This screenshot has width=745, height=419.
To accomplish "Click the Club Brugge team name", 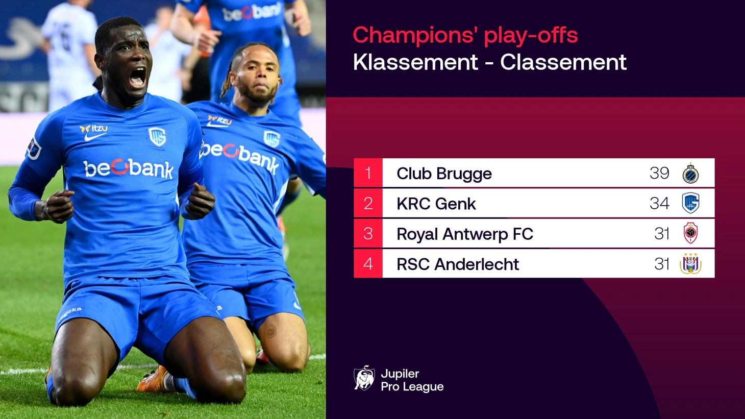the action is click(444, 174).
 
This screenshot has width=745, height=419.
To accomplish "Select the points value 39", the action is click(659, 173).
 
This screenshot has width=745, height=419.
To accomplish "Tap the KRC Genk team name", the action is click(436, 204).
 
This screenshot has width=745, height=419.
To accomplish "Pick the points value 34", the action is click(659, 203).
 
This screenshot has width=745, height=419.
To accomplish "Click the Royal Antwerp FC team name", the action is click(465, 234).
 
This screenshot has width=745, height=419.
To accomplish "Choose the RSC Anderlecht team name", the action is click(458, 264).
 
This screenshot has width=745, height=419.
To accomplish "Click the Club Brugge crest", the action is click(690, 173).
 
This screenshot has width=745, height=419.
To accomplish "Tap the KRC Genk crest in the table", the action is click(690, 203).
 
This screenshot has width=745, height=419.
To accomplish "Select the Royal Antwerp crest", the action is click(690, 233).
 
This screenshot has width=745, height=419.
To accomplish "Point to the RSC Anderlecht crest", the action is click(690, 263).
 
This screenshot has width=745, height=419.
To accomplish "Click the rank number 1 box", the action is click(368, 173).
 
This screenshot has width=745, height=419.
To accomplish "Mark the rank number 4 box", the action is click(368, 263).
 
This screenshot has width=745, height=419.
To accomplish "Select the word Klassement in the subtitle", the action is click(415, 62).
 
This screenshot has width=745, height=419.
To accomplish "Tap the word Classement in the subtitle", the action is click(563, 62).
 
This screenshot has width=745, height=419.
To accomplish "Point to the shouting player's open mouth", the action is click(137, 77).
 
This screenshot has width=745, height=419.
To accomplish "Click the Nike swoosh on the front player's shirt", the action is click(94, 136).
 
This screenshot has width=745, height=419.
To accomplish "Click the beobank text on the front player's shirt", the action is click(129, 168).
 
